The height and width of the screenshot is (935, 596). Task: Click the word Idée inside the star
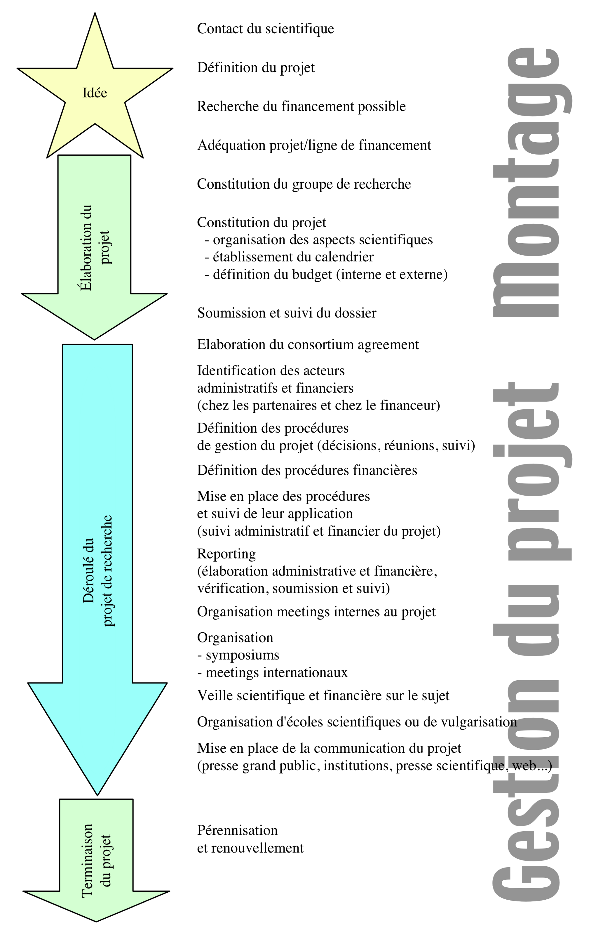95,93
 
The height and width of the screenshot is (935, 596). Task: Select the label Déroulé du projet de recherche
97,571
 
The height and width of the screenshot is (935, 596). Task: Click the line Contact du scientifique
265,29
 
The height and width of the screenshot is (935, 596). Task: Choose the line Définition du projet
256,67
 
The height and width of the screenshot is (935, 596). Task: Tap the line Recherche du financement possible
301,106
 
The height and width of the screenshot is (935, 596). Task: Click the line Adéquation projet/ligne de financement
314,145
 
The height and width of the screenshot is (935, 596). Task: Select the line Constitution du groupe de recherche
304,184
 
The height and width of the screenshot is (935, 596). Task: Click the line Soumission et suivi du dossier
286,313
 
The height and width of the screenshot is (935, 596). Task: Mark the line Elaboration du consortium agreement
308,345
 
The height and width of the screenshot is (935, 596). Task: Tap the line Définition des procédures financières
307,471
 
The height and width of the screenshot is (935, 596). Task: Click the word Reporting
226,554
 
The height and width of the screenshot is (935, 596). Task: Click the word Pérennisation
237,830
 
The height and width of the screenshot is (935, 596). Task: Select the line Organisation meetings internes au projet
316,612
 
